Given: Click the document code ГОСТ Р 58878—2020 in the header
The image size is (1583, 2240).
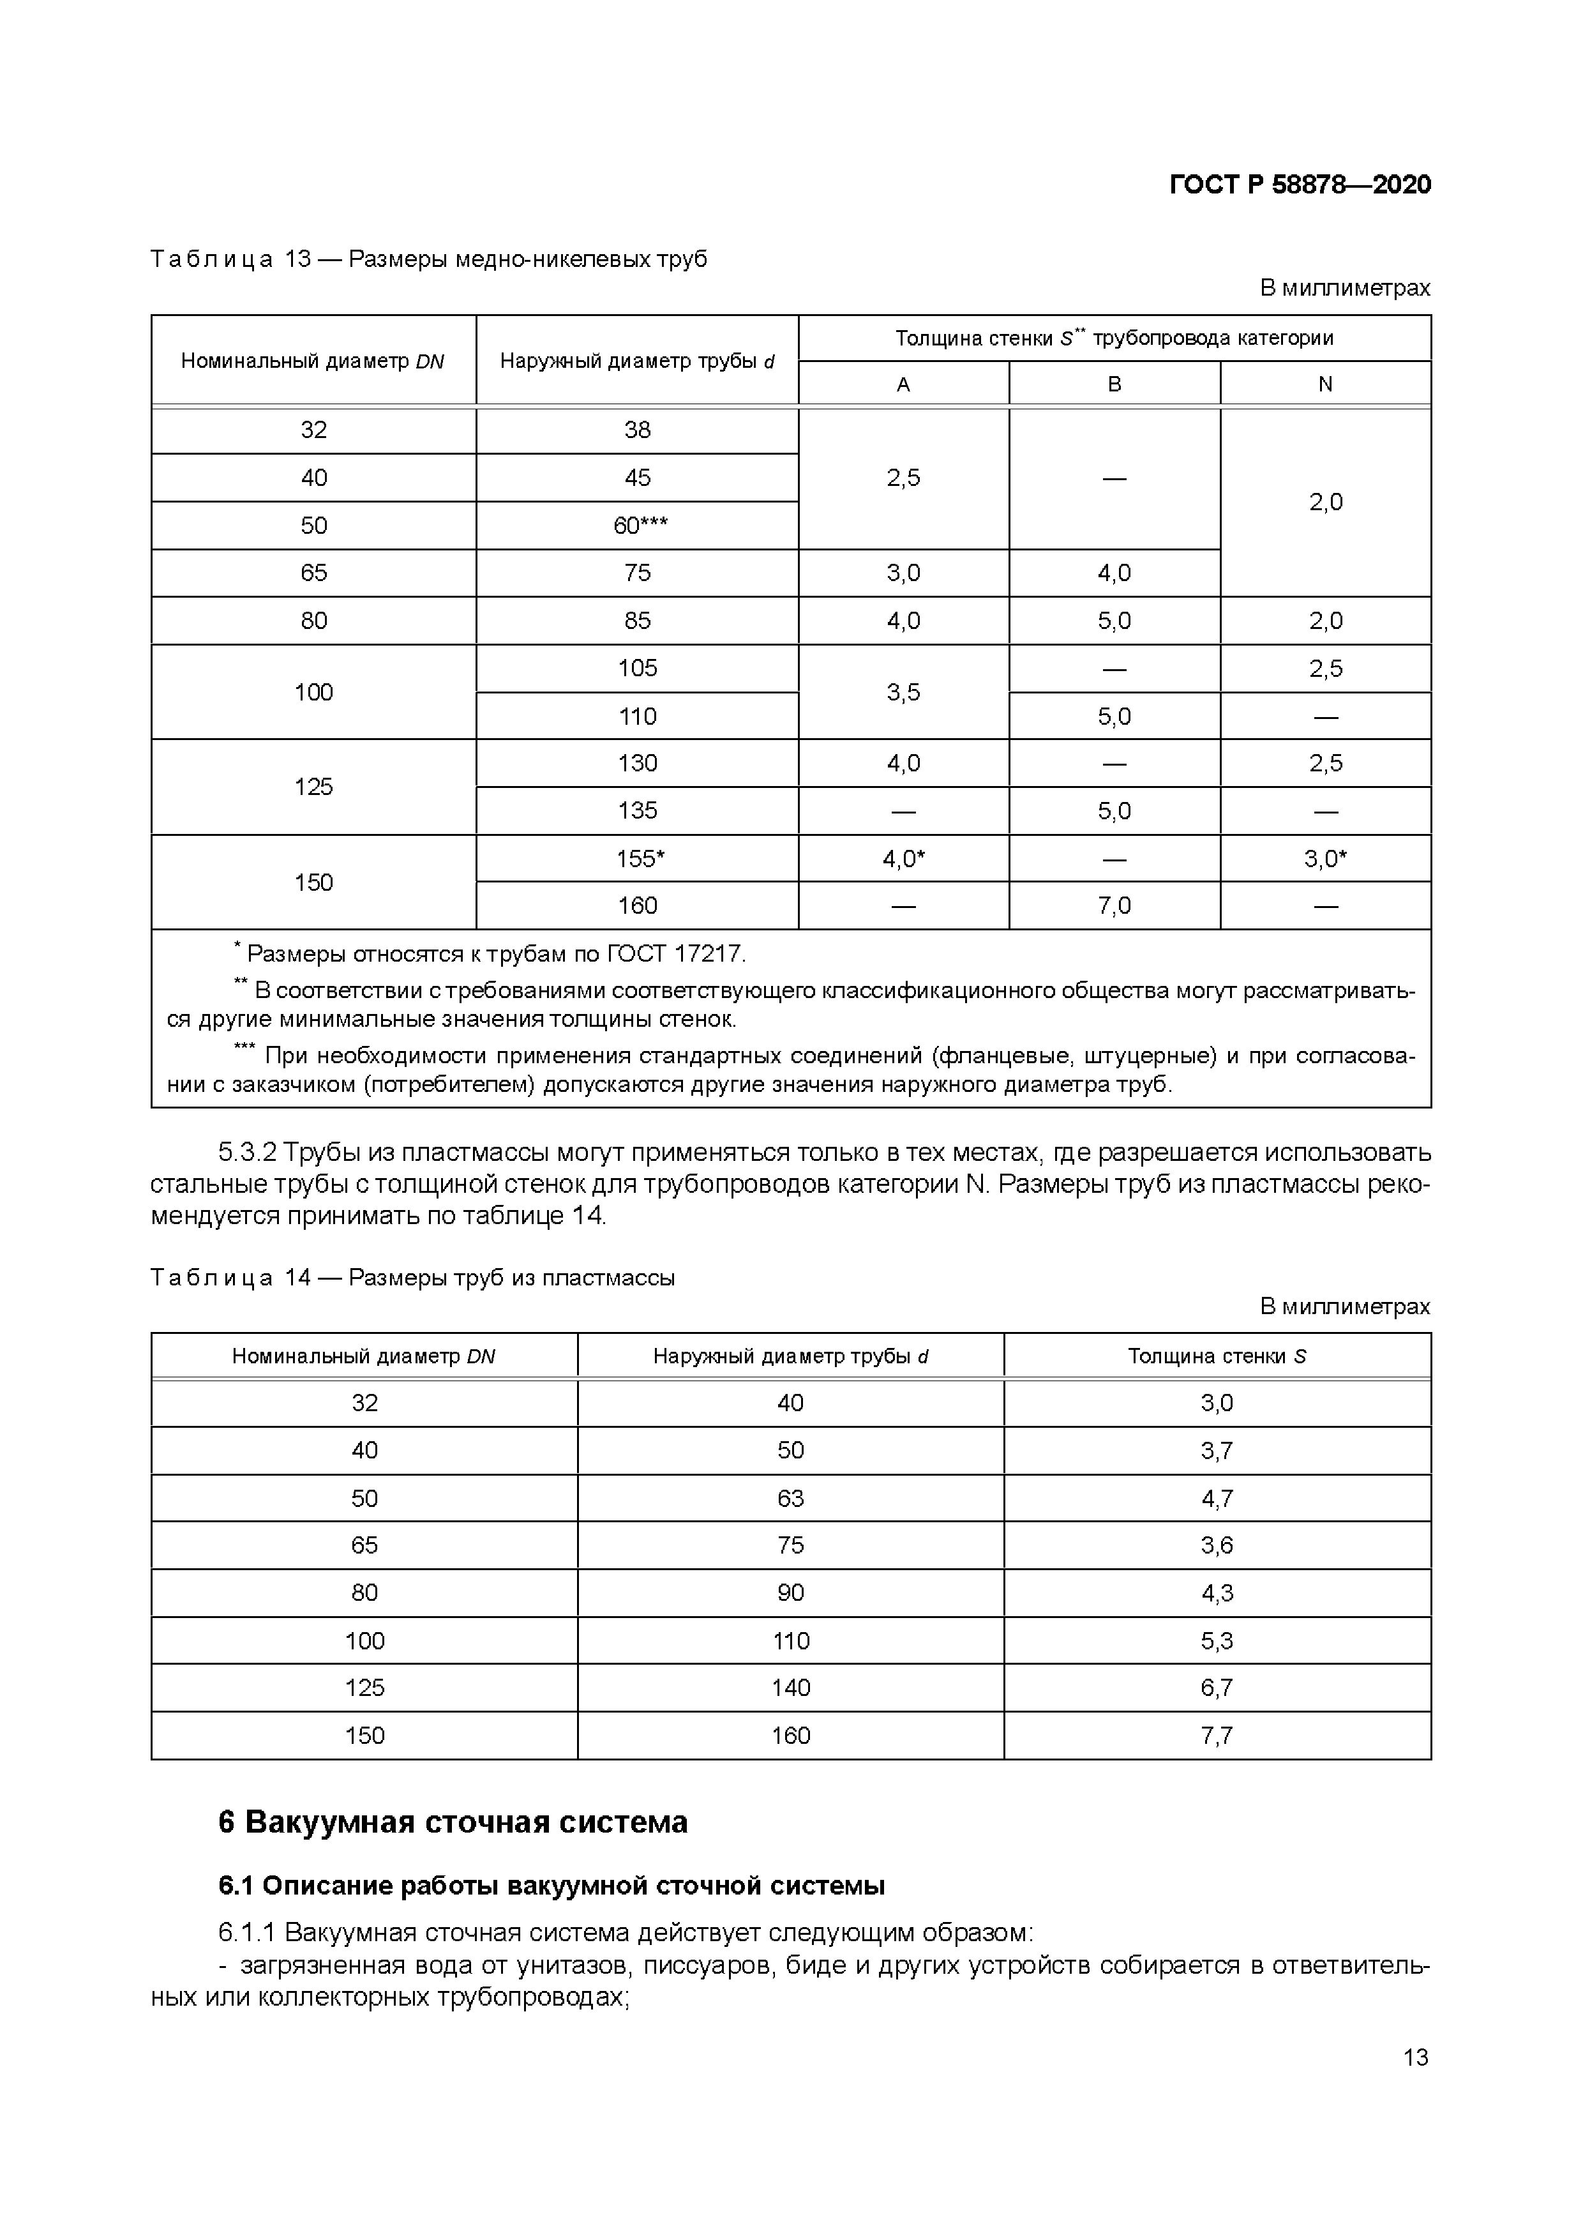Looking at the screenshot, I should (x=1299, y=185).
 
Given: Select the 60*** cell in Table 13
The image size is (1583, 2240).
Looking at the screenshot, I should (x=639, y=526).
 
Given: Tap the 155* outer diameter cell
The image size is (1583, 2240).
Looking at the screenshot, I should (x=639, y=859).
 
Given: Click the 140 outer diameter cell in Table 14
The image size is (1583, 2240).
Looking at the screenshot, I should (x=790, y=1688).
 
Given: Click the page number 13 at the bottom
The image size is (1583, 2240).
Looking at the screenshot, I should (x=1415, y=2057).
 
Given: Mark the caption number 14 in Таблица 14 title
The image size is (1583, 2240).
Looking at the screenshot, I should (x=297, y=1278).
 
